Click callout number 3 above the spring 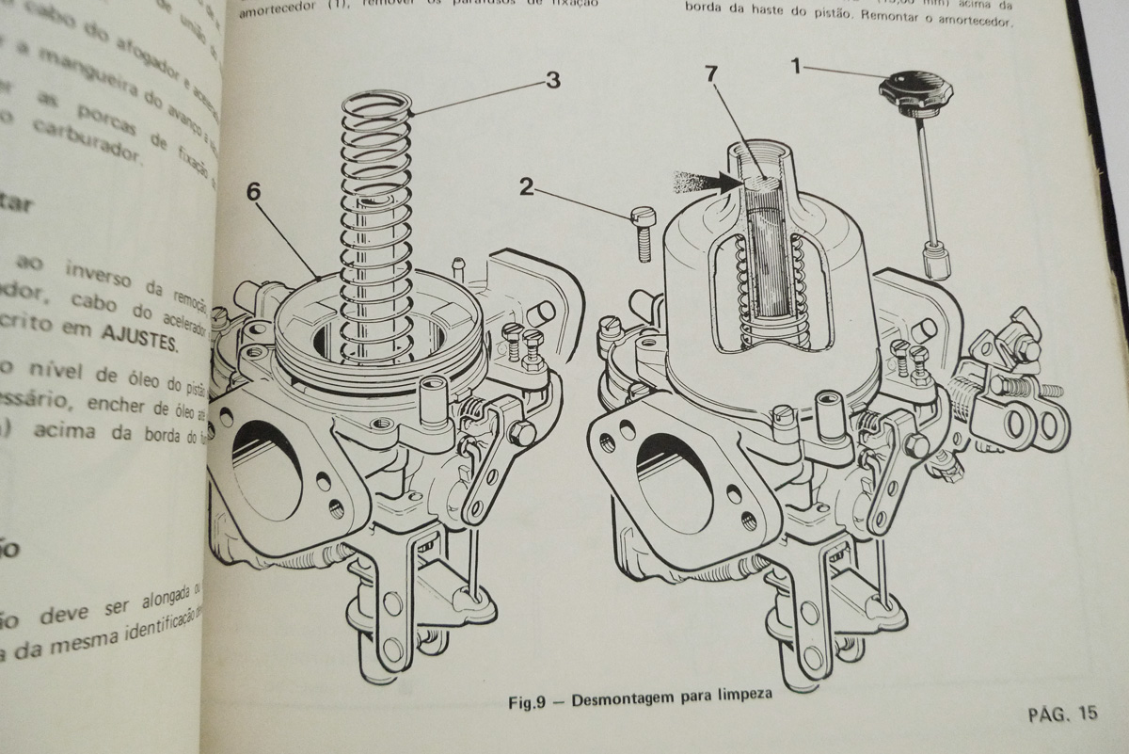pos(552,81)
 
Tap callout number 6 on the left pos(254,191)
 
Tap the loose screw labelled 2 pos(643,233)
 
